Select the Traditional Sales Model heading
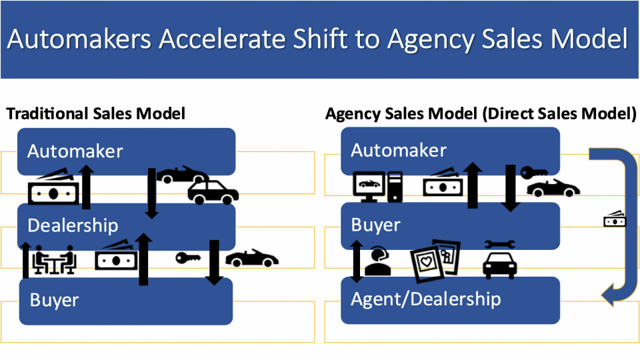click(95, 114)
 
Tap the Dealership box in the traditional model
click(127, 225)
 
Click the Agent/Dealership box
click(450, 300)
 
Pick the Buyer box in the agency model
click(450, 225)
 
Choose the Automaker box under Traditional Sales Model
click(127, 151)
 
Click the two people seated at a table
click(55, 260)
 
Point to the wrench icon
click(499, 245)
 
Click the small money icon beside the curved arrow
click(614, 218)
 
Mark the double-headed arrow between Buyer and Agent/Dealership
click(357, 261)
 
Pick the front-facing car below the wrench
click(499, 265)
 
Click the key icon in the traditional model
click(187, 258)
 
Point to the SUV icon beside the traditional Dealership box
click(213, 192)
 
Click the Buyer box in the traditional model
click(127, 301)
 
